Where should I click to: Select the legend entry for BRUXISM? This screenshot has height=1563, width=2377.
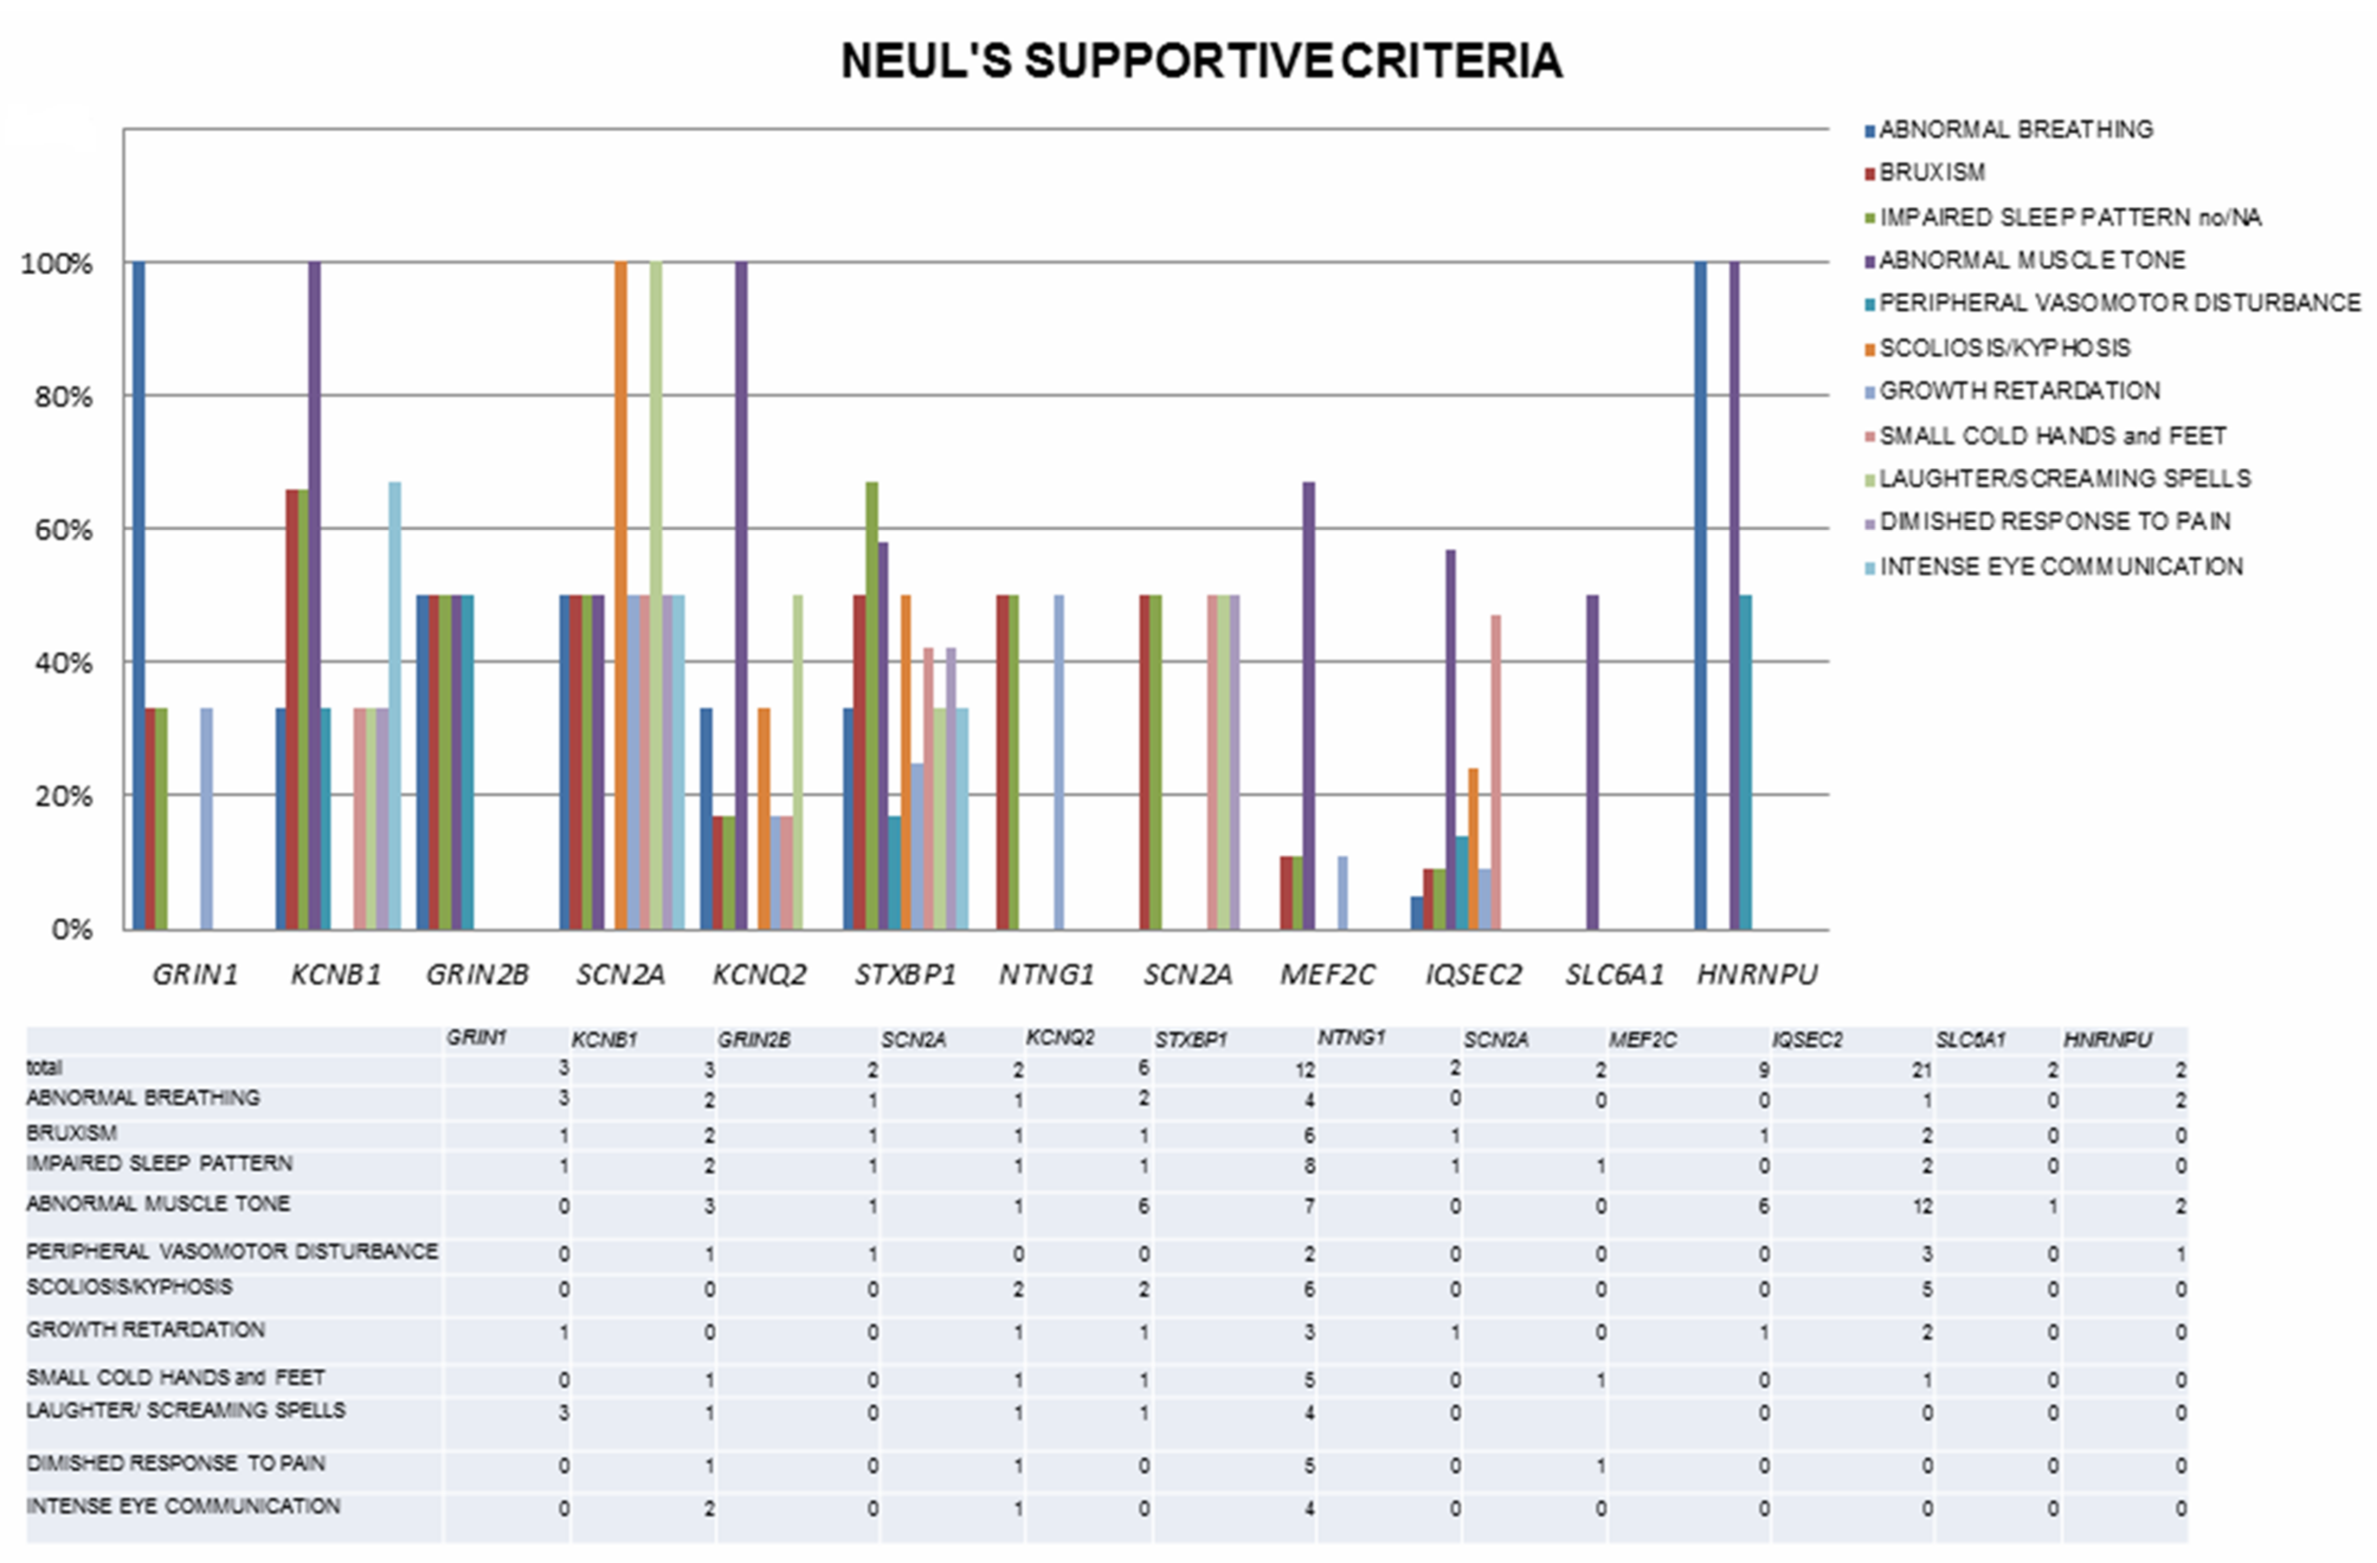pyautogui.click(x=1931, y=173)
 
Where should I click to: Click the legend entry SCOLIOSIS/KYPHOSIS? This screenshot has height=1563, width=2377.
pyautogui.click(x=2005, y=348)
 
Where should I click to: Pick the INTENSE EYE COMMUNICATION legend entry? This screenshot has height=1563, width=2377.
pyautogui.click(x=2060, y=566)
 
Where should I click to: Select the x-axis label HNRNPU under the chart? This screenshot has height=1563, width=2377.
pyautogui.click(x=1757, y=974)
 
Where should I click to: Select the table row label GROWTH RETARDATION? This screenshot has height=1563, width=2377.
pyautogui.click(x=146, y=1329)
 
